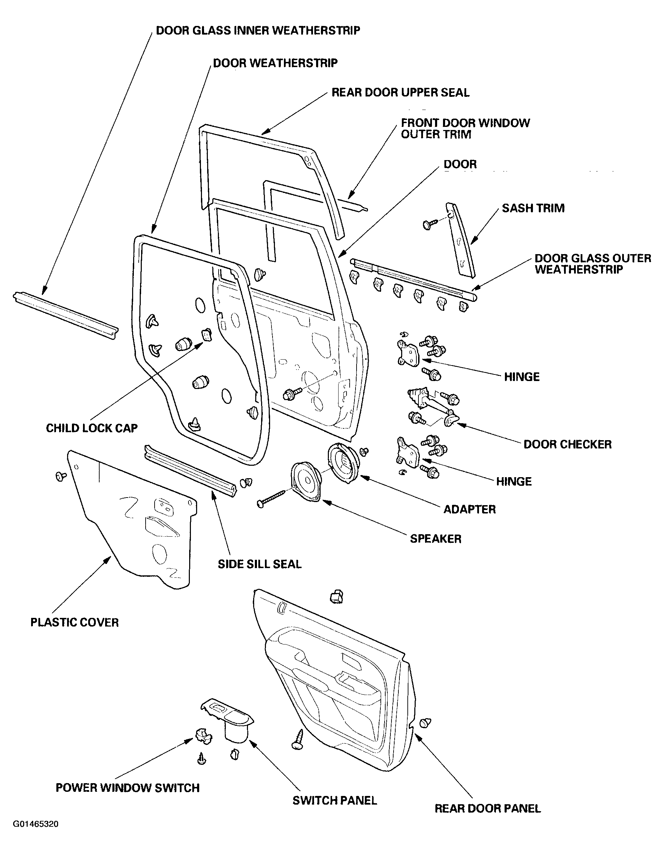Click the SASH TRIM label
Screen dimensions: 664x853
pos(533,208)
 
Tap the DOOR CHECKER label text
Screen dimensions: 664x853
pos(568,444)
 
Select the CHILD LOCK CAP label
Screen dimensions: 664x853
pos(92,428)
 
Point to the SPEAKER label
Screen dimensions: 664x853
pos(435,539)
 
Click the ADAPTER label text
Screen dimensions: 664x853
pos(470,509)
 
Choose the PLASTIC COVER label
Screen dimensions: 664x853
pos(75,623)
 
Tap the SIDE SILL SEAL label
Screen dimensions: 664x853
pos(260,564)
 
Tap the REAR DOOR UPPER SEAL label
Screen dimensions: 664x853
pos(400,93)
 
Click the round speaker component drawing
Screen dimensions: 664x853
pos(307,482)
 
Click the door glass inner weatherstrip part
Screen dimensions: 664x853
pos(65,315)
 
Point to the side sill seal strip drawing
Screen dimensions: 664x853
pos(191,470)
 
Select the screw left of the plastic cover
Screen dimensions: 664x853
pos(61,476)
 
